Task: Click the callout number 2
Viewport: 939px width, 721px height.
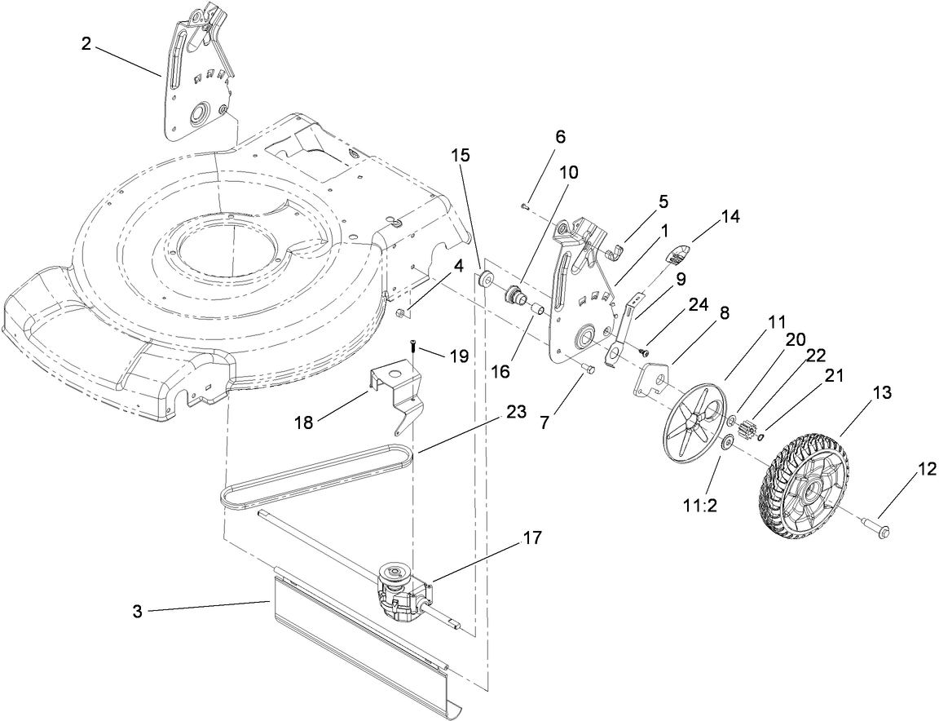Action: coord(86,44)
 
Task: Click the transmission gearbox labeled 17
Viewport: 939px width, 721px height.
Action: coord(399,596)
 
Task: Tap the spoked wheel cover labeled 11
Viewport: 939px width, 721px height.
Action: coord(695,424)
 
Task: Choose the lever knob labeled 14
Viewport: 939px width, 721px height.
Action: coord(679,255)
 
